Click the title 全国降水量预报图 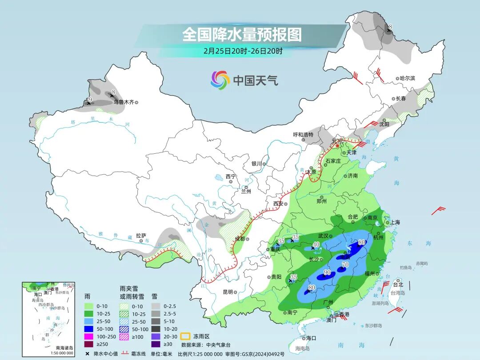tap(242, 34)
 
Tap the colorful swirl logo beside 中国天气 tap(220, 80)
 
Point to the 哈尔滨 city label tap(407, 78)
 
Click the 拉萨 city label tap(141, 236)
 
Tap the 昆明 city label tap(228, 292)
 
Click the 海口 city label tap(311, 338)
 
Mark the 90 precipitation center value tap(327, 272)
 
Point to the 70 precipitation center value tap(344, 265)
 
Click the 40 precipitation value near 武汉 tap(316, 244)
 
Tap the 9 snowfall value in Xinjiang tap(90, 100)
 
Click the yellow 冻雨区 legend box tap(186, 336)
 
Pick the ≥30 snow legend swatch tap(156, 344)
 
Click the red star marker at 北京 tap(337, 145)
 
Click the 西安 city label tap(278, 204)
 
